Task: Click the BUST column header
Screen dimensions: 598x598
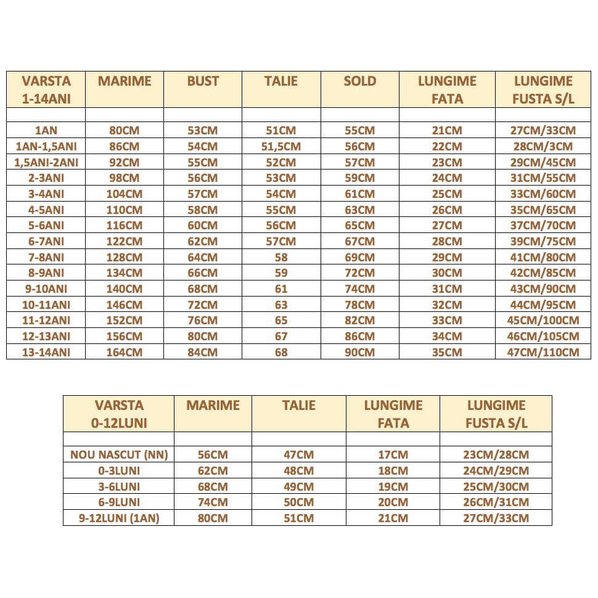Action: click(203, 81)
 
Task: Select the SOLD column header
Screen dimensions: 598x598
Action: click(359, 81)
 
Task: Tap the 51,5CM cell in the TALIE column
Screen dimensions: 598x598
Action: click(281, 147)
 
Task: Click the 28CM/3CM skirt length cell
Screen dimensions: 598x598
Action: click(543, 147)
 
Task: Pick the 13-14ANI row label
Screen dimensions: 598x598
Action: click(46, 352)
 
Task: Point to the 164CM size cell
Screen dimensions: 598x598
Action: click(125, 352)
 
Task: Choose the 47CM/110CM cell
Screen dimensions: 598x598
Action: click(543, 352)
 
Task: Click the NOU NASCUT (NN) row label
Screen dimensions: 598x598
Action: click(119, 455)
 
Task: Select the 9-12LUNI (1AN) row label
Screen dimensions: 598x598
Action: click(119, 518)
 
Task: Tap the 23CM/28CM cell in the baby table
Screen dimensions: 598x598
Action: click(496, 455)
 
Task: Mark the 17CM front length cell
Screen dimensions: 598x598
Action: click(393, 455)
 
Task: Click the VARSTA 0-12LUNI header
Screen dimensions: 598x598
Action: click(119, 414)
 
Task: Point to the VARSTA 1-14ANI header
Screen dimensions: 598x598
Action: click(46, 89)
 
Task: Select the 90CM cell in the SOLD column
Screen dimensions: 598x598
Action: click(359, 352)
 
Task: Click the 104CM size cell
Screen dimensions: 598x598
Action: click(125, 194)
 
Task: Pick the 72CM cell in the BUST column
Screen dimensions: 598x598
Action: click(203, 305)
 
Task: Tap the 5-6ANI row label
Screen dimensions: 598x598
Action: click(46, 226)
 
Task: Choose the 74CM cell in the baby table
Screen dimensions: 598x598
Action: click(213, 502)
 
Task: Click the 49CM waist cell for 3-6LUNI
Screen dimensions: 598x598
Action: click(298, 486)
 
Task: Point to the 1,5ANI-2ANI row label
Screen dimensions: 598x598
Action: click(46, 163)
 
